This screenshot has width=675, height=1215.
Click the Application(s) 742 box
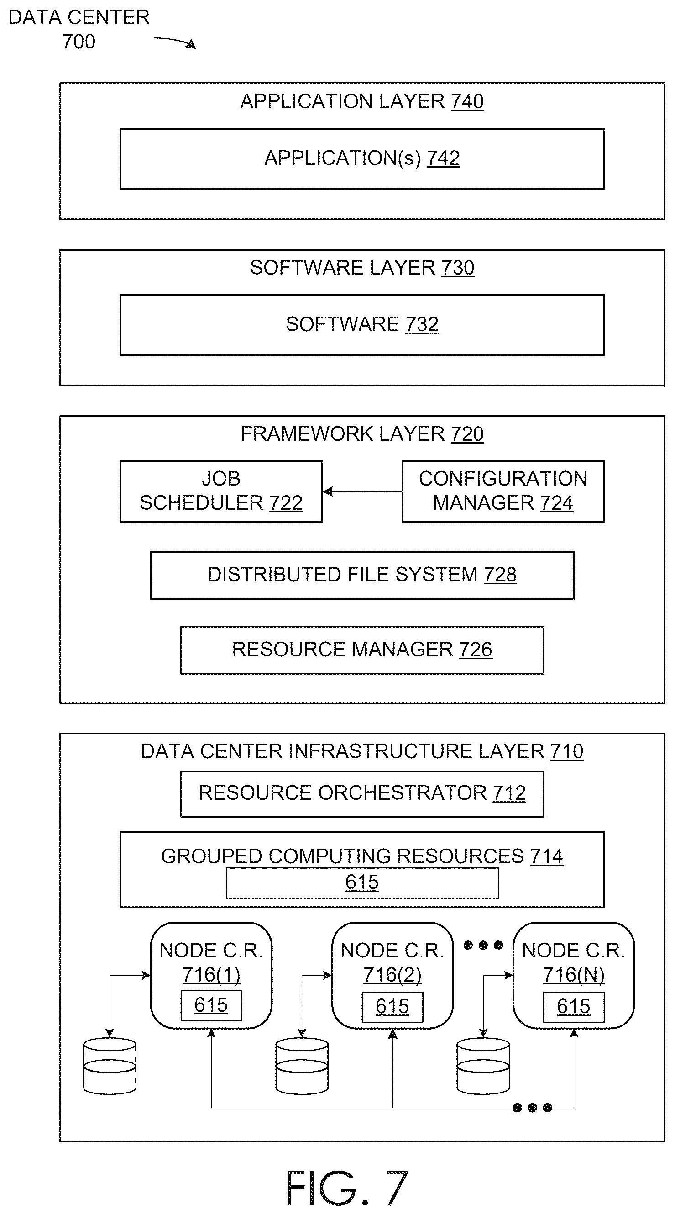point(362,159)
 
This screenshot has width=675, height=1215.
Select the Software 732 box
point(362,325)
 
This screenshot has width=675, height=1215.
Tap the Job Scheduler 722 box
point(221,491)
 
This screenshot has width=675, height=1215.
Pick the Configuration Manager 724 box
point(503,491)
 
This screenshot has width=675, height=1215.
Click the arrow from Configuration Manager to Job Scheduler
point(362,491)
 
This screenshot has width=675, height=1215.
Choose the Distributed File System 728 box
point(362,575)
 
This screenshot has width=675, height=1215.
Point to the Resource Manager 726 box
point(362,650)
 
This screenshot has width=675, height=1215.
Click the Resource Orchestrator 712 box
point(362,794)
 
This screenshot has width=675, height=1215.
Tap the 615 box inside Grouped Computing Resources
point(362,882)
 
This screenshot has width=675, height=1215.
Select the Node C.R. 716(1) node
point(211,975)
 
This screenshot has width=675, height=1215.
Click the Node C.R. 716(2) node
point(392,975)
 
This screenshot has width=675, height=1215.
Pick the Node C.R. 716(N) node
point(574,975)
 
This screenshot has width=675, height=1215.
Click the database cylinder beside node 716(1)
point(110,1066)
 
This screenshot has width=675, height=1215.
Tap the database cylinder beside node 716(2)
point(302,1066)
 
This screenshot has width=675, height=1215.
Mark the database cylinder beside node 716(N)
point(483,1066)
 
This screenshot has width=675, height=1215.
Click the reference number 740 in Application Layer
point(467,101)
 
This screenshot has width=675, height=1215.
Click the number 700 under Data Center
point(78,42)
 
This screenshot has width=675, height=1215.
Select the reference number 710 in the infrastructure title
point(567,751)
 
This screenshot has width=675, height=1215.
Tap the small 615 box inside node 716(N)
point(574,1007)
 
